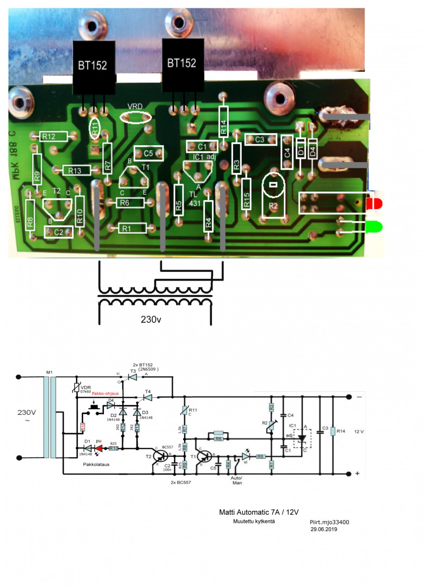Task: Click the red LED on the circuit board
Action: [x=373, y=205]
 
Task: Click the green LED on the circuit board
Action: [x=373, y=226]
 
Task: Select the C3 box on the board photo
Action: [x=260, y=140]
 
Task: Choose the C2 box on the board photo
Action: [x=59, y=232]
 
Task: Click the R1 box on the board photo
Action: [x=127, y=228]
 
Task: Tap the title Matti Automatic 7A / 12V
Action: [x=259, y=512]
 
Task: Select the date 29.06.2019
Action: [x=324, y=528]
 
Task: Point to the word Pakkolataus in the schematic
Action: [x=98, y=465]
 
